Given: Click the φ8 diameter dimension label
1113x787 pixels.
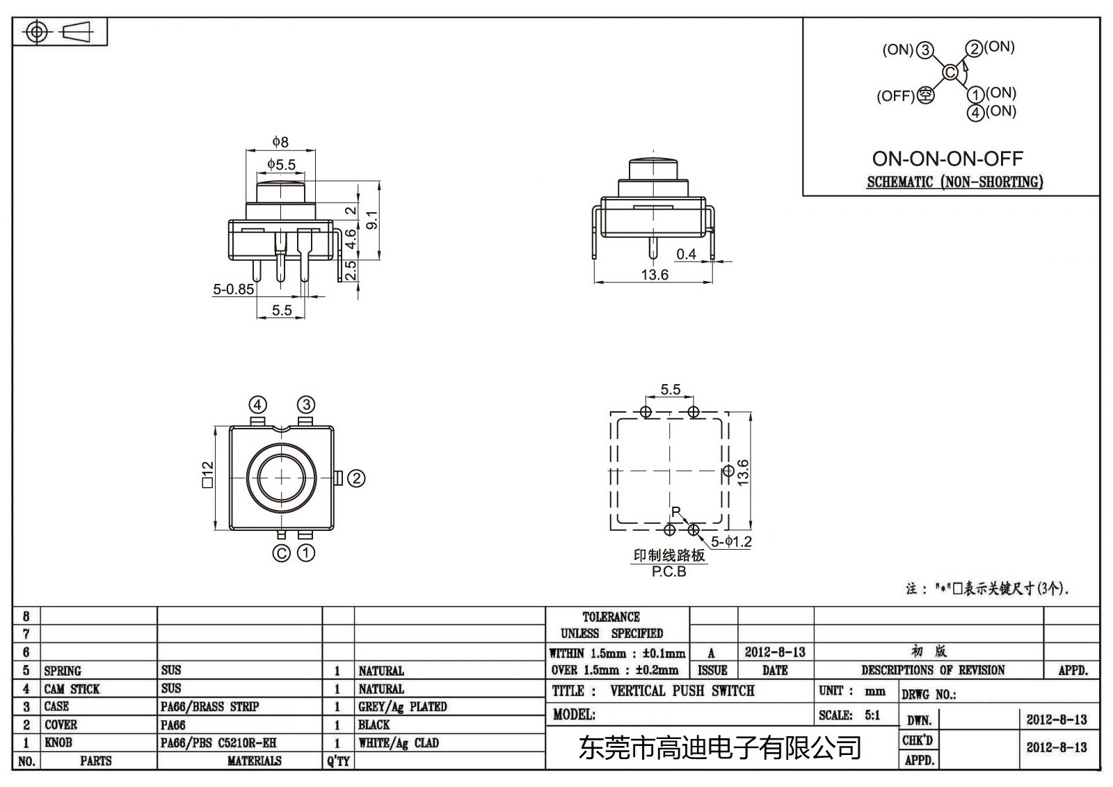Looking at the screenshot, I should [280, 142].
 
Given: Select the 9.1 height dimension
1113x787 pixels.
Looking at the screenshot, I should [372, 221].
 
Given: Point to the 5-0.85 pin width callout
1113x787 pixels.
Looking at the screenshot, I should [233, 289].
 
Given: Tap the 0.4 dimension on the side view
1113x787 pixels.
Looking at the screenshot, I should [686, 254].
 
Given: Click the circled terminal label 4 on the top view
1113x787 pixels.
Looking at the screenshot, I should [258, 405].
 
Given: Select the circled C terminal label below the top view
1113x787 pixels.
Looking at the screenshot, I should [281, 553].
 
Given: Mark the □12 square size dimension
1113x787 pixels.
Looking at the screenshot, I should [207, 475].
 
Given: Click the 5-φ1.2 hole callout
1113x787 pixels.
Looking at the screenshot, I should [731, 541].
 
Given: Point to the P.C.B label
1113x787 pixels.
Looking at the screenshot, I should [668, 572].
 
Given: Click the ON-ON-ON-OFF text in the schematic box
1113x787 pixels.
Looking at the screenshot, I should [947, 159].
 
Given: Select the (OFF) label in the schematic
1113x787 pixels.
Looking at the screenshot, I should [895, 96].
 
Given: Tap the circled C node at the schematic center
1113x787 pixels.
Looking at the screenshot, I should [950, 72].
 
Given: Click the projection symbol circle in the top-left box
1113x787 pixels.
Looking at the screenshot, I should [38, 32].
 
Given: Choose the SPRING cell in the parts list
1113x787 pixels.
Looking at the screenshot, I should [63, 671].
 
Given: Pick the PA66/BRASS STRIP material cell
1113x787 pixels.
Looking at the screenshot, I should [209, 707].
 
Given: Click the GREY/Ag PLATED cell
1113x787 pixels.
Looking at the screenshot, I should [402, 707].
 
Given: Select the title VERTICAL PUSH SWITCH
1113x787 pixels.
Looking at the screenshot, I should [682, 691].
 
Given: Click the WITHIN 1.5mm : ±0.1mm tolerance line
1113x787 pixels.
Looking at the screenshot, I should [617, 653].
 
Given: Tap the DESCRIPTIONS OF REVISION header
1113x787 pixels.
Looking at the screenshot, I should [932, 670].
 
